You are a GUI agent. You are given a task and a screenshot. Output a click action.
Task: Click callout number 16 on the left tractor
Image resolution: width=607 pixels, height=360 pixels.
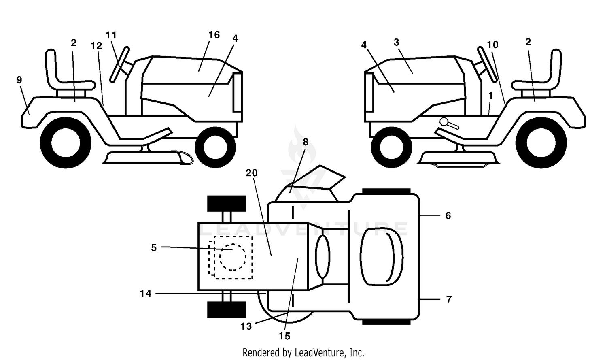click(x=214, y=35)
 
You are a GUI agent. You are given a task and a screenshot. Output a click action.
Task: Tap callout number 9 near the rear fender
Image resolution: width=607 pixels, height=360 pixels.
click(x=19, y=80)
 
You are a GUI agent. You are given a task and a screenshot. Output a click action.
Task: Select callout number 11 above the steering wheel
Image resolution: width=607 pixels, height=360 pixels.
click(x=111, y=35)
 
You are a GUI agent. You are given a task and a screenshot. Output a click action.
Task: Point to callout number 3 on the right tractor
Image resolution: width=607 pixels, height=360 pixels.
click(x=396, y=42)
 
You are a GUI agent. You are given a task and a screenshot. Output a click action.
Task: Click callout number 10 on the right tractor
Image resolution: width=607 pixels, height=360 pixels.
click(x=492, y=45)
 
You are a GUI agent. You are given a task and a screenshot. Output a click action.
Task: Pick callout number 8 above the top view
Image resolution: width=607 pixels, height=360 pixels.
click(x=306, y=142)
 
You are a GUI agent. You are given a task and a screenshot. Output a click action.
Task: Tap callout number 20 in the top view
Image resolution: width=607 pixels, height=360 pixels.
click(x=251, y=173)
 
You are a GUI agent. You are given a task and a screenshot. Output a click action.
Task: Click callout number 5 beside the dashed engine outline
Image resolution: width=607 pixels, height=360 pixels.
click(x=154, y=247)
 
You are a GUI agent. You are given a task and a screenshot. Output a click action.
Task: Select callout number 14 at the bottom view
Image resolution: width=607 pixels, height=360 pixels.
click(x=146, y=293)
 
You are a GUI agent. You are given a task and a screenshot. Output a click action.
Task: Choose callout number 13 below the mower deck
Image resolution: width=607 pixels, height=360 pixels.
click(x=246, y=326)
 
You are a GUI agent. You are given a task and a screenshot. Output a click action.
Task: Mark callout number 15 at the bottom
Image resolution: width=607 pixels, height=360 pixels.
click(x=284, y=336)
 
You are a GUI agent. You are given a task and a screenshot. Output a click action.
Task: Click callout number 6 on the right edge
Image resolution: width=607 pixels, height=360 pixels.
click(x=448, y=216)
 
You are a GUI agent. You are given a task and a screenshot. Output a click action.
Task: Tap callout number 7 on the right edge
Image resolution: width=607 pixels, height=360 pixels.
click(x=449, y=300)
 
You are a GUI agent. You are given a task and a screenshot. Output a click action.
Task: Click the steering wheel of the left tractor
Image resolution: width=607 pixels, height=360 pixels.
click(x=119, y=64)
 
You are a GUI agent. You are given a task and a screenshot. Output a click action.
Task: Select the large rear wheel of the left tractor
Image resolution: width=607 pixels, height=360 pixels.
click(x=66, y=143)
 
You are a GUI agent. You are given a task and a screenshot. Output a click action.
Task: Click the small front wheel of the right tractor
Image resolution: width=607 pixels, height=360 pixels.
click(x=392, y=147)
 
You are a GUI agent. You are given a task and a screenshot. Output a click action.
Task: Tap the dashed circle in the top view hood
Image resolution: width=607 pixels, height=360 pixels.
click(x=233, y=257)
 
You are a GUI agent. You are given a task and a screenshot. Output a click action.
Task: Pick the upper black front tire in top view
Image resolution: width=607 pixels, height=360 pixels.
click(x=227, y=204)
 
